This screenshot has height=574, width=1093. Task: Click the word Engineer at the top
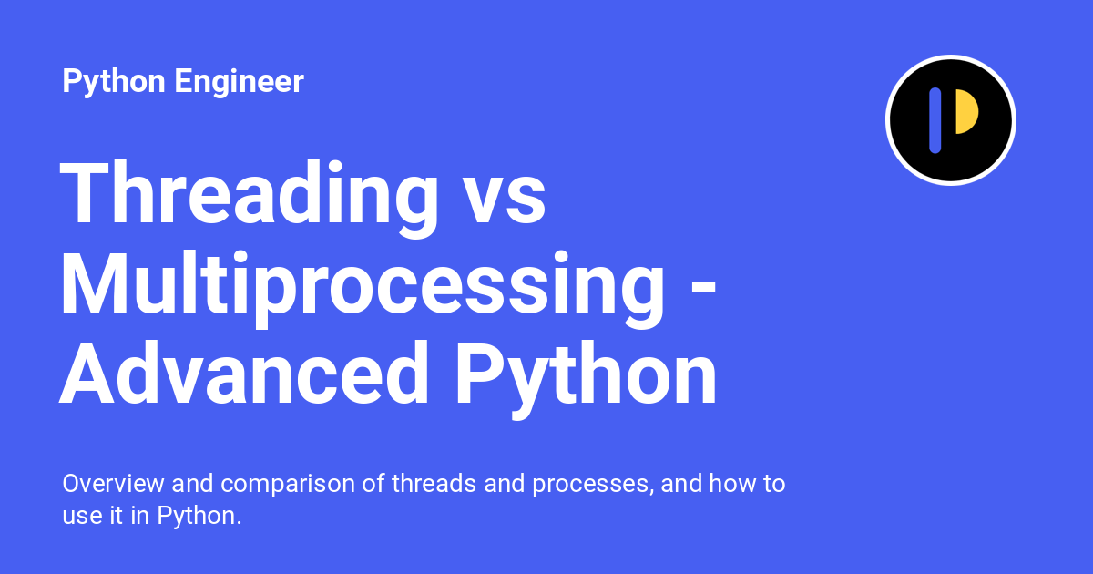point(239,82)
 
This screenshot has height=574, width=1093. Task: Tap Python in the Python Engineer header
point(114,82)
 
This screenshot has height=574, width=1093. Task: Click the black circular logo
point(950,120)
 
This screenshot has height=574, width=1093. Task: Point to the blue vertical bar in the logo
point(935,120)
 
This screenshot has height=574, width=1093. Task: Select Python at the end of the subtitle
point(199,516)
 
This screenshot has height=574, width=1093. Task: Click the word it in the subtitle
point(118,516)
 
